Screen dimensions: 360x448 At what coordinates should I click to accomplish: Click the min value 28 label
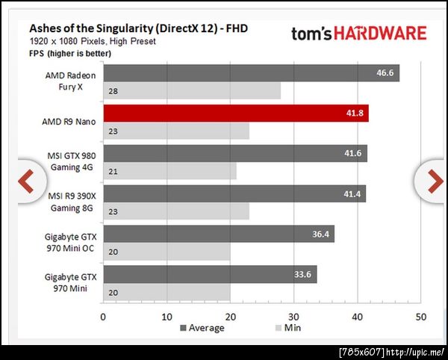coord(113,91)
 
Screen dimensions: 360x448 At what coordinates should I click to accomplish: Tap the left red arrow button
coord(26,181)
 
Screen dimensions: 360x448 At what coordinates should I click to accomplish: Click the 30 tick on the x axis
coord(293,316)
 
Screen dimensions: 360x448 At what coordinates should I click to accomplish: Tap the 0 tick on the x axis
coord(103,316)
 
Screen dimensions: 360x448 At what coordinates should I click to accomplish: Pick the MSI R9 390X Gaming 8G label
coord(72,200)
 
